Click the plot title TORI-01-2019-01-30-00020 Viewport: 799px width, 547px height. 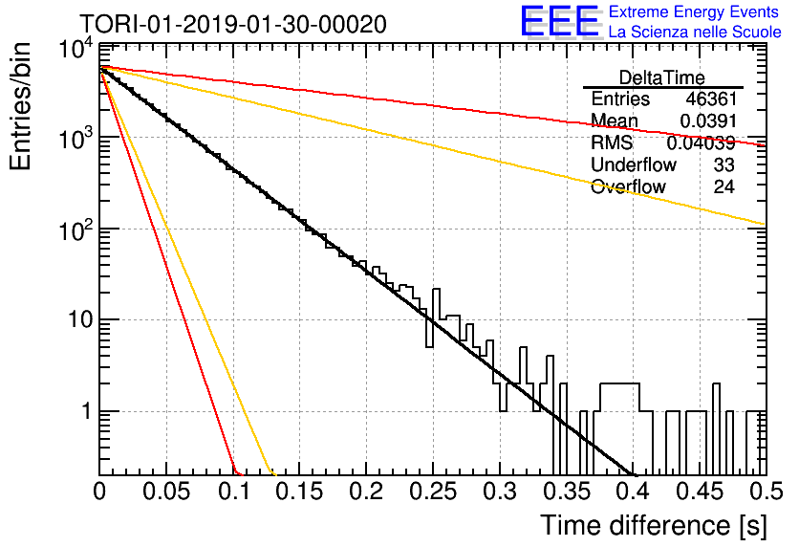pyautogui.click(x=233, y=24)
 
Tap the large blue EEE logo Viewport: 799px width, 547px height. pyautogui.click(x=559, y=21)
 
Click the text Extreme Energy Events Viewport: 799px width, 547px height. pyautogui.click(x=694, y=11)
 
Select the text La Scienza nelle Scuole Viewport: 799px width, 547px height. pyautogui.click(x=695, y=33)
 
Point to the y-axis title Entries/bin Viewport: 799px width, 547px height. pyautogui.click(x=21, y=107)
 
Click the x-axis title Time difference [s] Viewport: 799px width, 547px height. pyautogui.click(x=654, y=526)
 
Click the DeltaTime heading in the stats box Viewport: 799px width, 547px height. pyautogui.click(x=662, y=77)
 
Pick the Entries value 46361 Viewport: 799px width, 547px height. pyautogui.click(x=711, y=98)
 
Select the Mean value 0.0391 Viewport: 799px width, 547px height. pyautogui.click(x=708, y=120)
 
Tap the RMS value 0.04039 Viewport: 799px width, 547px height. pyautogui.click(x=702, y=142)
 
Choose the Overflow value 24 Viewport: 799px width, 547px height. pyautogui.click(x=723, y=186)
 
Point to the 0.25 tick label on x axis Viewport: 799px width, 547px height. pyautogui.click(x=433, y=492)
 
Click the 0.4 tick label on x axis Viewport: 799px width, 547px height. pyautogui.click(x=633, y=492)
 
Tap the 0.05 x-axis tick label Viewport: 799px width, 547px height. pyautogui.click(x=166, y=492)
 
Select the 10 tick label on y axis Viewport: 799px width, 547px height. pyautogui.click(x=80, y=320)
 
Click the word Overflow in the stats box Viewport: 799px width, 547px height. pyautogui.click(x=628, y=187)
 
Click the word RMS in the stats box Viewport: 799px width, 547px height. pyautogui.click(x=612, y=142)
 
